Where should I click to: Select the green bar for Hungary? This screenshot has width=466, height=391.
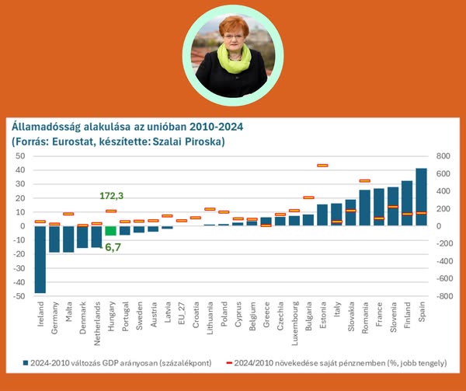click(110, 230)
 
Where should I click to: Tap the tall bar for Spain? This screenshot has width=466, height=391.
click(422, 197)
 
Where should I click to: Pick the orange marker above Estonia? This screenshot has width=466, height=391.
click(323, 166)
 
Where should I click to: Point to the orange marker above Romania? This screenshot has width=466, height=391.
click(365, 181)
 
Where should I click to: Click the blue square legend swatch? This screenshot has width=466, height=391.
click(27, 362)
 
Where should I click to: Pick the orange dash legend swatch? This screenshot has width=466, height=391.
click(229, 362)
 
